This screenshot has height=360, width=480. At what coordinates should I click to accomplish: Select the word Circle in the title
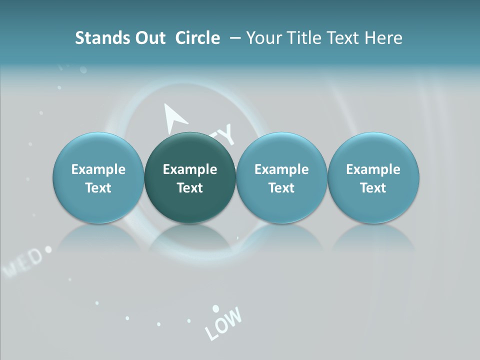point(197,38)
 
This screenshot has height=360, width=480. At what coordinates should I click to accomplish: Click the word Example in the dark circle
point(190,169)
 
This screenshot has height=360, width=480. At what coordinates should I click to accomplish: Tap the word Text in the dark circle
point(190,188)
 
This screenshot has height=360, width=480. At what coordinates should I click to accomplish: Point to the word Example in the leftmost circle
point(98,169)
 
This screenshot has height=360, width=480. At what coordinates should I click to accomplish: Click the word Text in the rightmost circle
point(373,188)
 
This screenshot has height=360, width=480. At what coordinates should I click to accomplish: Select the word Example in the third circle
point(281,169)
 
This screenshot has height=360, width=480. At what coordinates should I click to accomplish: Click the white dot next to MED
point(48,248)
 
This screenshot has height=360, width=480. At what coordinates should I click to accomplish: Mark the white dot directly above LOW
point(215,308)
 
